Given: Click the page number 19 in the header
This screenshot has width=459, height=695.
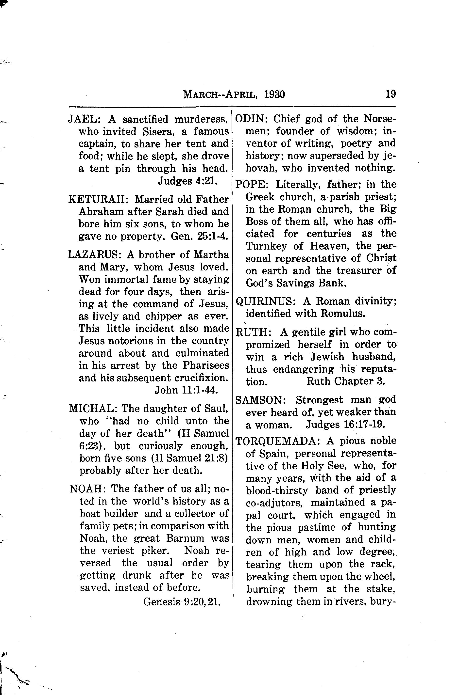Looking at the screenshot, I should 391,94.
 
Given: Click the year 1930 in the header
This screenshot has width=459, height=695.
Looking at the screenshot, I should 274,95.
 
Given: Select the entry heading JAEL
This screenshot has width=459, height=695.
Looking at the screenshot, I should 84,119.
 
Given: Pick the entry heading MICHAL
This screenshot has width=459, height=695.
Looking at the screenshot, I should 93,409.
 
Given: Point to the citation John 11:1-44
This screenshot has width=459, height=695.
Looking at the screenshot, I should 187,390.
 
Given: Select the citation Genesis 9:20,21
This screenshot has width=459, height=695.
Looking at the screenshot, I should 182,601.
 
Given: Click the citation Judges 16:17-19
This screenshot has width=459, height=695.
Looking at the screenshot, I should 345,424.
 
